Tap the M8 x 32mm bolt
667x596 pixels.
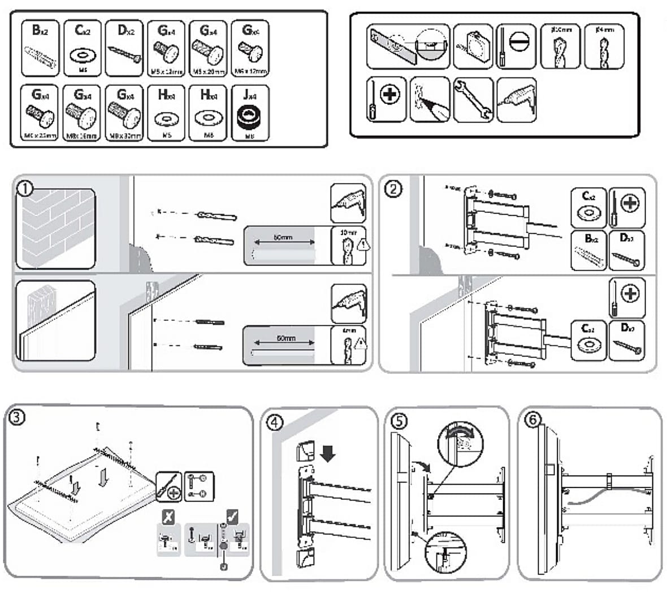point(123,117)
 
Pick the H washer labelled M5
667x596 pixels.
point(166,119)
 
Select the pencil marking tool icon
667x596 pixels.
point(430,100)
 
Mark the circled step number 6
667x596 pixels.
point(532,420)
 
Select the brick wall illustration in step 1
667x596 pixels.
point(55,229)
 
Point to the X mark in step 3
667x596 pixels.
point(168,516)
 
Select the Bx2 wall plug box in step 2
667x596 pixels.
point(588,250)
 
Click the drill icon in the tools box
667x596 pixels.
point(516,99)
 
